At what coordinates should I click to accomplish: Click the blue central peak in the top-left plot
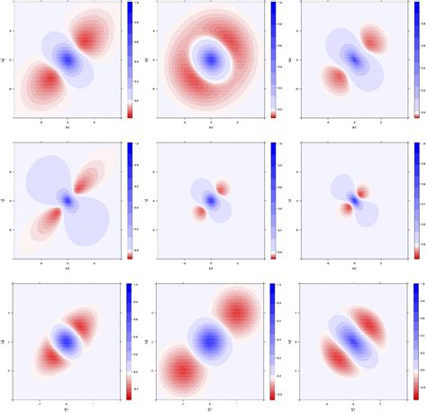click(68, 60)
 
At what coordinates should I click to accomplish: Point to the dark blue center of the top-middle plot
click(211, 60)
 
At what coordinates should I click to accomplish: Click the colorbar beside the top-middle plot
click(273, 60)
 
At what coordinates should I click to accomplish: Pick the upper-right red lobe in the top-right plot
click(374, 41)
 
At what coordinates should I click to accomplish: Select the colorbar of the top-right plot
click(416, 60)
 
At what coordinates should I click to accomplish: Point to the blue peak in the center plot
click(211, 198)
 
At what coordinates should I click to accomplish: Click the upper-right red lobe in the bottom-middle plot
click(237, 313)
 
